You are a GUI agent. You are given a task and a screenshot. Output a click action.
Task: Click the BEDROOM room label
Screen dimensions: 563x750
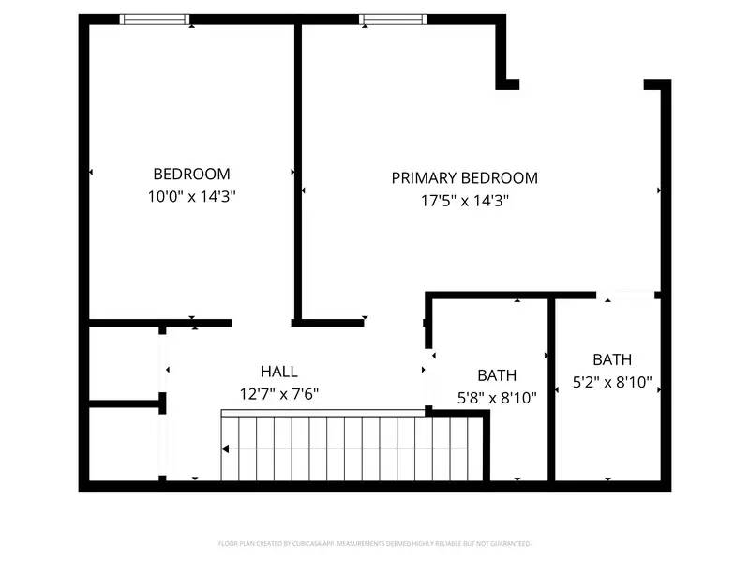(x=191, y=174)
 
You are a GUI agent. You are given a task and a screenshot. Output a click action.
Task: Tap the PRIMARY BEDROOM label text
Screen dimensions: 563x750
(x=464, y=177)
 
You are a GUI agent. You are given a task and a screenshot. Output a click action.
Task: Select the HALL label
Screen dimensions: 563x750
(x=279, y=372)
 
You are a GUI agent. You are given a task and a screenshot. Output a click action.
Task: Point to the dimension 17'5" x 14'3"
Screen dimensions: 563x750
(x=464, y=200)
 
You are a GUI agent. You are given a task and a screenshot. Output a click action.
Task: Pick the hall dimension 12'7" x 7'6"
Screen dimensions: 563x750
(x=279, y=393)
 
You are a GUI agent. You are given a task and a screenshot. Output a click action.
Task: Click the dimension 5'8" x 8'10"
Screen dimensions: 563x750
(x=497, y=397)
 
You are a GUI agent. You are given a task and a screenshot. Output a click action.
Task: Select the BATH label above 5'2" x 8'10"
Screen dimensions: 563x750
(x=611, y=359)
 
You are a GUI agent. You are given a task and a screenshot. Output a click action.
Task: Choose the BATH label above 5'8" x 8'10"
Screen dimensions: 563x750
(x=497, y=375)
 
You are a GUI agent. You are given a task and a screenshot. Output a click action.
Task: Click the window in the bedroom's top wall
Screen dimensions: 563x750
(x=156, y=20)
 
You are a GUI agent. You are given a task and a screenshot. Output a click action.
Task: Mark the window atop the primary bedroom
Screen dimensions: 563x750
(x=394, y=20)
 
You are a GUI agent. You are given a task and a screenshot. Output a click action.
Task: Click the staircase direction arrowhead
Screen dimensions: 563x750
(x=225, y=449)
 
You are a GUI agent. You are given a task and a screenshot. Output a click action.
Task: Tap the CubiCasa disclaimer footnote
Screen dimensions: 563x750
(x=375, y=543)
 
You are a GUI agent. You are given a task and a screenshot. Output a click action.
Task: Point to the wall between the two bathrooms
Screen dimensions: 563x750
(x=550, y=389)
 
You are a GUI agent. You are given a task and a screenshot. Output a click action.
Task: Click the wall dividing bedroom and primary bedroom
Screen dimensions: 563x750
(x=298, y=169)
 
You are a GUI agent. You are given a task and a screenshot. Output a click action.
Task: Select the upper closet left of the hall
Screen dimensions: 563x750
(x=124, y=364)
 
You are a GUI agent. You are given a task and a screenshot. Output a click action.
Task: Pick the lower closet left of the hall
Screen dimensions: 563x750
(x=124, y=443)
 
